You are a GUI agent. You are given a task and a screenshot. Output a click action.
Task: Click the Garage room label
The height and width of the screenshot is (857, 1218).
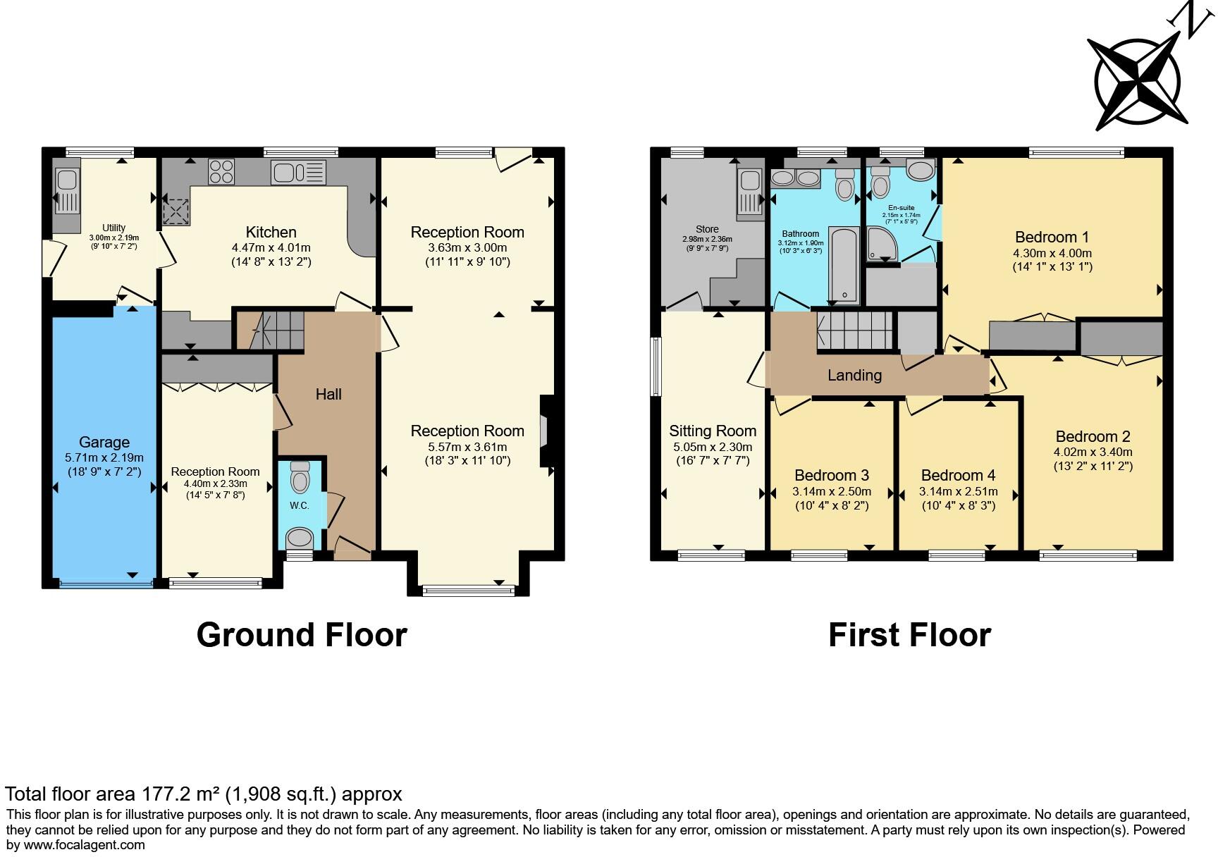(104, 442)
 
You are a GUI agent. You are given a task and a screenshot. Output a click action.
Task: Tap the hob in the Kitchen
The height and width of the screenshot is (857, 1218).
(221, 171)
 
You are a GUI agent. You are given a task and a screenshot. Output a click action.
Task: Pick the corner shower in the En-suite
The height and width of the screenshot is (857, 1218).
(881, 242)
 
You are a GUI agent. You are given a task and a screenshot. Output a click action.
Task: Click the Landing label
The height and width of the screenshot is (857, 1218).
(854, 375)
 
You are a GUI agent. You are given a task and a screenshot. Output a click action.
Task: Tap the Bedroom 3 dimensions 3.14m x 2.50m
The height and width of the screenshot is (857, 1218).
(832, 491)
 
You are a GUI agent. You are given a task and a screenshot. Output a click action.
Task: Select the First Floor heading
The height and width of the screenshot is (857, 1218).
(909, 634)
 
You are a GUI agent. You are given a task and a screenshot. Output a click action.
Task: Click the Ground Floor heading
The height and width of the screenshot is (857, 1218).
(302, 634)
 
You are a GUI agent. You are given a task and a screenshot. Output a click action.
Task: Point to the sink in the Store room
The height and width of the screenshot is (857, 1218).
(749, 192)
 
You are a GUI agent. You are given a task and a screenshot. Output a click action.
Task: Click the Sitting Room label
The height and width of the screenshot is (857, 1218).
(713, 431)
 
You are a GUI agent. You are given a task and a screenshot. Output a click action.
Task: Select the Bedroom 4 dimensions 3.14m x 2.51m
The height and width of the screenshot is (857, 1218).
(958, 491)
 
